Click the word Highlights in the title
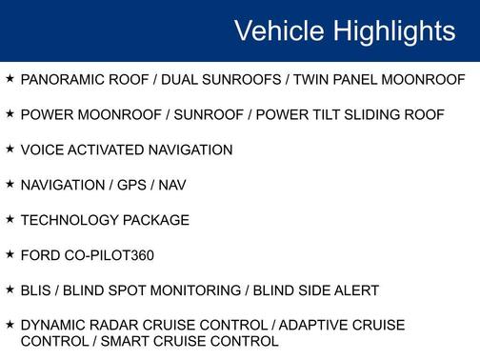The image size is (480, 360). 394,31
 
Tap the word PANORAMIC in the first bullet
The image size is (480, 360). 61,80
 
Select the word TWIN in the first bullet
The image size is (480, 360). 312,80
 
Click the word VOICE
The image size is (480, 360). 41,150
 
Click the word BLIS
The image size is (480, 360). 37,290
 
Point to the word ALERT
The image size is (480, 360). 358,290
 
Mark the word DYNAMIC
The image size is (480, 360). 52,326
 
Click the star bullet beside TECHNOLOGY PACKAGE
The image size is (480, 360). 10,219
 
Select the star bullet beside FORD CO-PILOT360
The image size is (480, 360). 10,254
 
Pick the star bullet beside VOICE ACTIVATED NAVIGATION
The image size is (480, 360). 10,150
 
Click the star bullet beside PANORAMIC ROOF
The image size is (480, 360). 10,79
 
